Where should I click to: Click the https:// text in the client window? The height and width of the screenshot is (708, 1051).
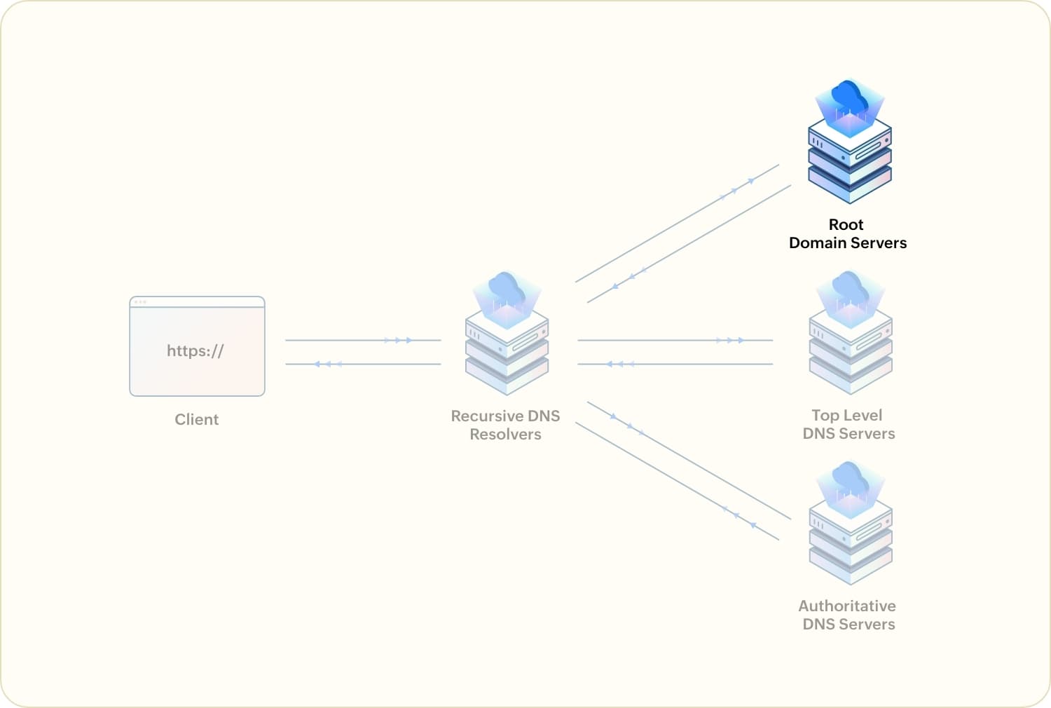(195, 350)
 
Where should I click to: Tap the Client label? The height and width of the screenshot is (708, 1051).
(196, 419)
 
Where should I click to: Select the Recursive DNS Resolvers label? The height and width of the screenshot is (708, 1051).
(505, 425)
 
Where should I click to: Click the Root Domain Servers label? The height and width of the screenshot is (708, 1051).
(847, 233)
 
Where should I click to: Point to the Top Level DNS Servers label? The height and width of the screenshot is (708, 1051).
(848, 424)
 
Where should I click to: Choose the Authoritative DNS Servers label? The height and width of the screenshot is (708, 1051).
(848, 615)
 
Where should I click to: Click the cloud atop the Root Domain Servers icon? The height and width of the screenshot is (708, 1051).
(849, 96)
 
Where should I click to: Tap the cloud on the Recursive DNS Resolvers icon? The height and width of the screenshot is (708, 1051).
(507, 288)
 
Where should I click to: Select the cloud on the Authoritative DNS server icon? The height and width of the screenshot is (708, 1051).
(850, 478)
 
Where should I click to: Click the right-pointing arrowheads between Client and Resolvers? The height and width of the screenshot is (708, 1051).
(398, 340)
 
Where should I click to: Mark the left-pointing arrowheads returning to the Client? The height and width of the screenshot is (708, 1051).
(328, 364)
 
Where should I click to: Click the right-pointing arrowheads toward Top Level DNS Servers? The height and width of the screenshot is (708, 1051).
(730, 340)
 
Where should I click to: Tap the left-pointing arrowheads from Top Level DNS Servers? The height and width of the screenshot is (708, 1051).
(619, 364)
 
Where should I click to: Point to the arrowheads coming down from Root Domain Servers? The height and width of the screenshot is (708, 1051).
(628, 278)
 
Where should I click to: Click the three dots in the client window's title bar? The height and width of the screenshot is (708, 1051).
(140, 302)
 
